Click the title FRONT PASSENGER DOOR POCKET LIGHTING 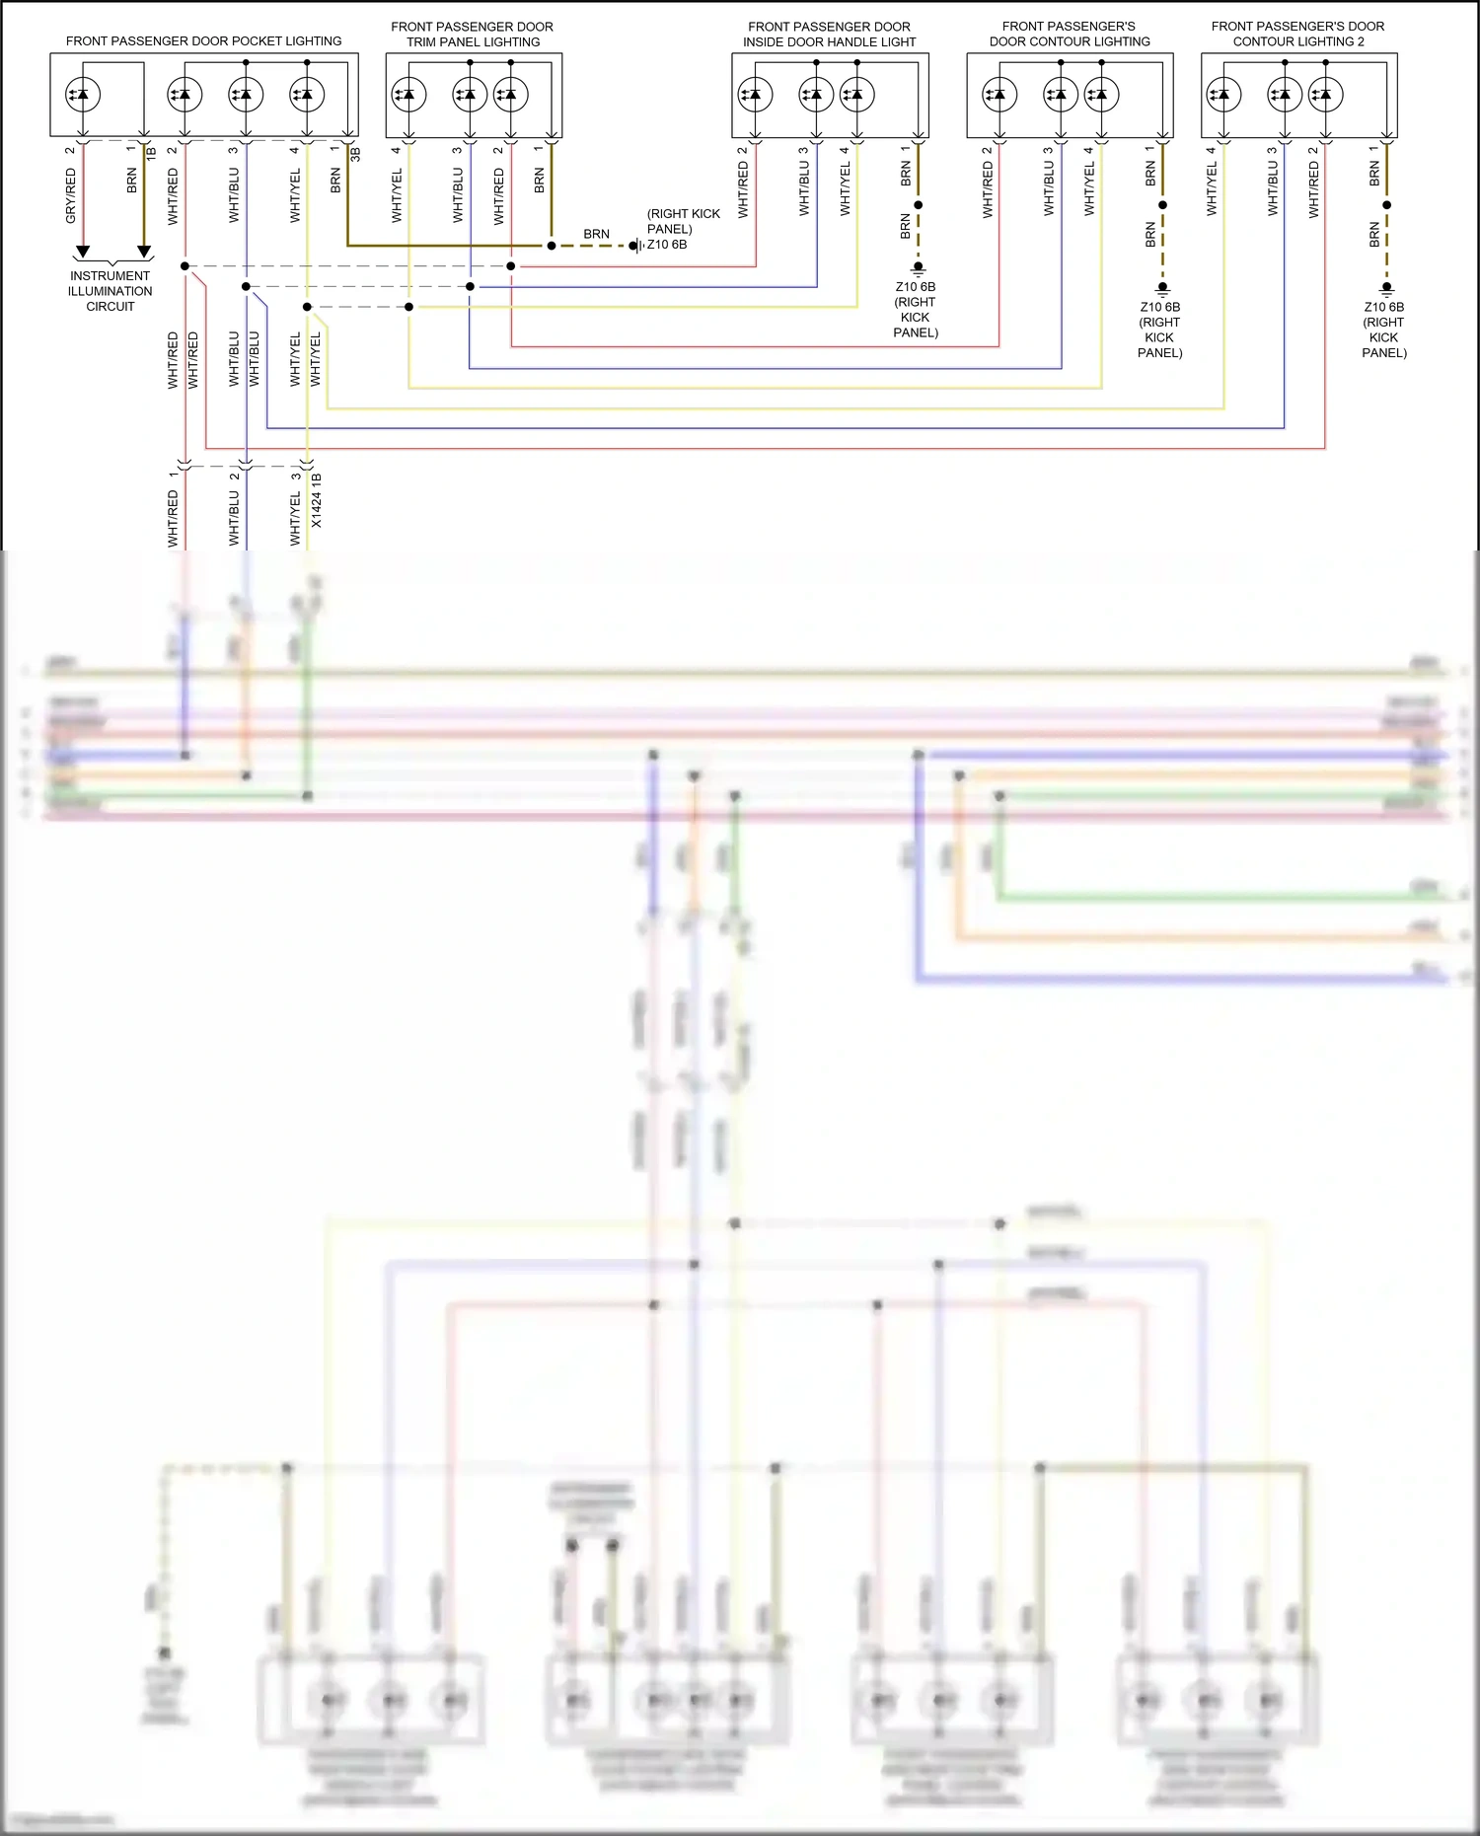[203, 41]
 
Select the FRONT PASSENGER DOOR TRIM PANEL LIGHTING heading [473, 35]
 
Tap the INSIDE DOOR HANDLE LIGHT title [829, 42]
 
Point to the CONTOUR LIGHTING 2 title [1298, 42]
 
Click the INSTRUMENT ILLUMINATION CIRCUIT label [111, 291]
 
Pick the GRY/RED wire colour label [71, 195]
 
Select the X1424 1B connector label [317, 500]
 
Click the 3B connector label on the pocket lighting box [355, 155]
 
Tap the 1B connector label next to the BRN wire [151, 155]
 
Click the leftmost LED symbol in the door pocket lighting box [83, 95]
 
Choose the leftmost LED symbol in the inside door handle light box [755, 95]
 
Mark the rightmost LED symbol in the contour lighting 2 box [1325, 95]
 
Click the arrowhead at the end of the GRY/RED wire [83, 252]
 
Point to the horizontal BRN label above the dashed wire [596, 234]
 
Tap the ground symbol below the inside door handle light [918, 268]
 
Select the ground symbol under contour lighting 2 [1386, 288]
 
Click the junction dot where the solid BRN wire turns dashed [552, 246]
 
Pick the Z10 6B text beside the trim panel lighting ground [667, 245]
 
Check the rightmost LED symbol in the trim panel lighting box [510, 95]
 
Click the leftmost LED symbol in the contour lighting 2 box [1223, 95]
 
